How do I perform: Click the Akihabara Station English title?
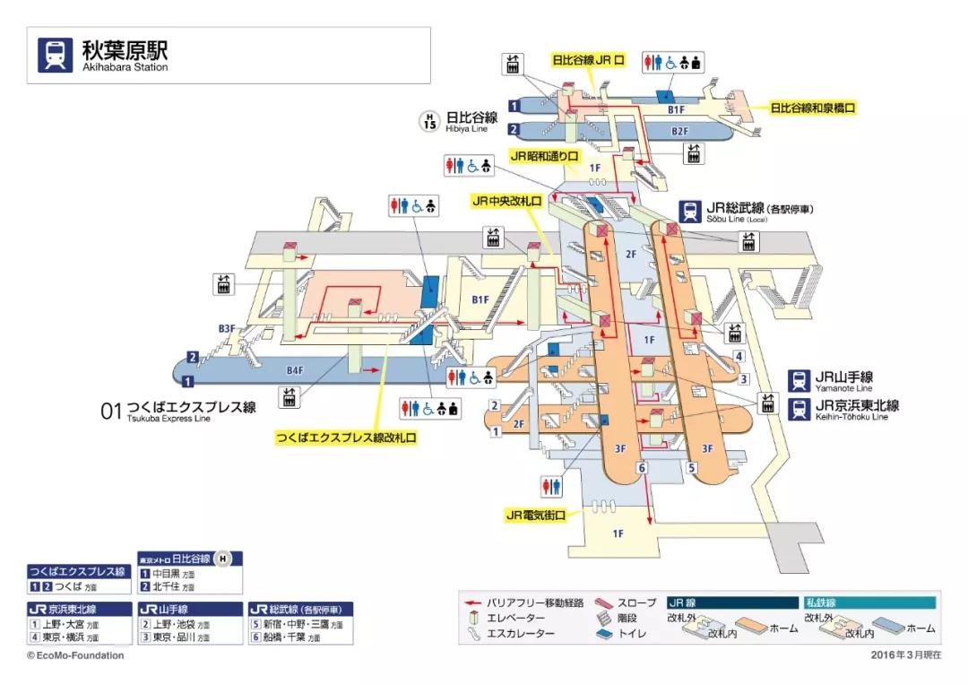125,67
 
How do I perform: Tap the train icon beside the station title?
55,54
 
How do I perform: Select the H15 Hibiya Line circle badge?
430,122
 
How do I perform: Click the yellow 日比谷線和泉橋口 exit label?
813,108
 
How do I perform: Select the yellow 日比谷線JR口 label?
588,60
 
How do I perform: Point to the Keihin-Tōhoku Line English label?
851,417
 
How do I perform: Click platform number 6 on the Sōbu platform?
642,468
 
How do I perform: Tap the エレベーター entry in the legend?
515,619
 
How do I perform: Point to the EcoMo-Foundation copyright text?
75,655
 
